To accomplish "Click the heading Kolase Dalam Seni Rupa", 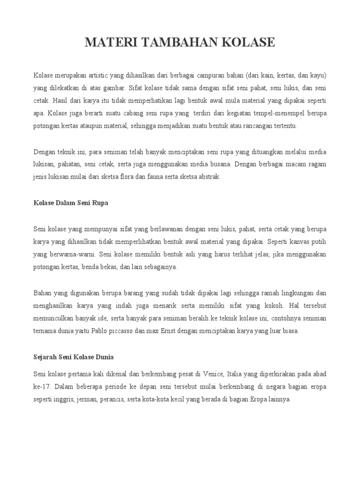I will (71, 203).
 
